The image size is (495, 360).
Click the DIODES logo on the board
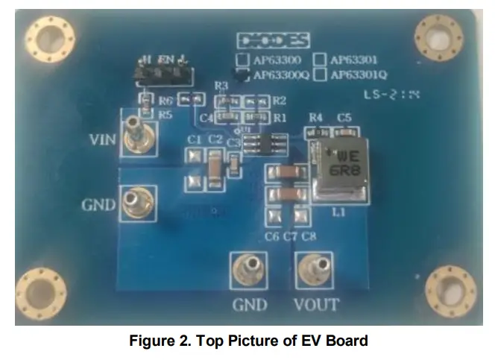click(273, 40)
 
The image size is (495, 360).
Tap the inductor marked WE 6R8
click(342, 168)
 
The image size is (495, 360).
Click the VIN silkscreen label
click(102, 139)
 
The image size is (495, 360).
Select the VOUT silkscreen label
click(316, 304)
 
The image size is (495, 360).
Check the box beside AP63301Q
click(321, 74)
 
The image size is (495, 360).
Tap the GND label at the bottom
click(249, 304)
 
